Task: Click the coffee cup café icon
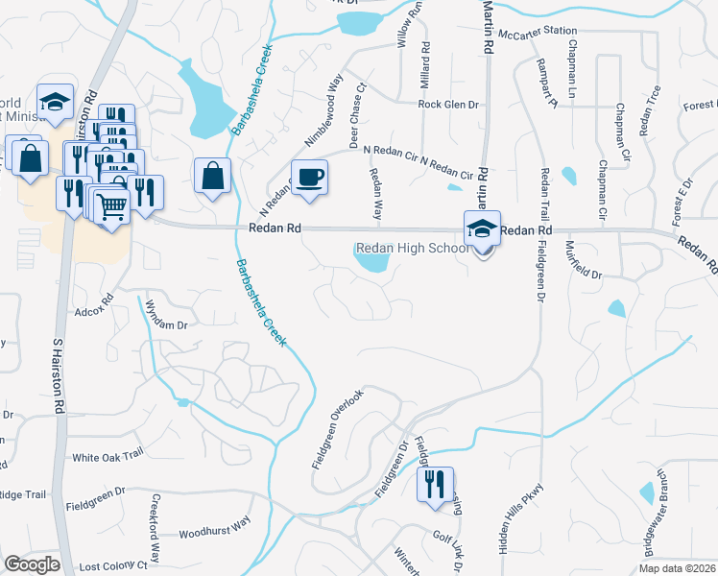(x=309, y=178)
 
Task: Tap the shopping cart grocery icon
(x=112, y=204)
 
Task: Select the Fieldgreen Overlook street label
(x=337, y=429)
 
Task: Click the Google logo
(x=32, y=564)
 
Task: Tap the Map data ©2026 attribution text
(x=676, y=568)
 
